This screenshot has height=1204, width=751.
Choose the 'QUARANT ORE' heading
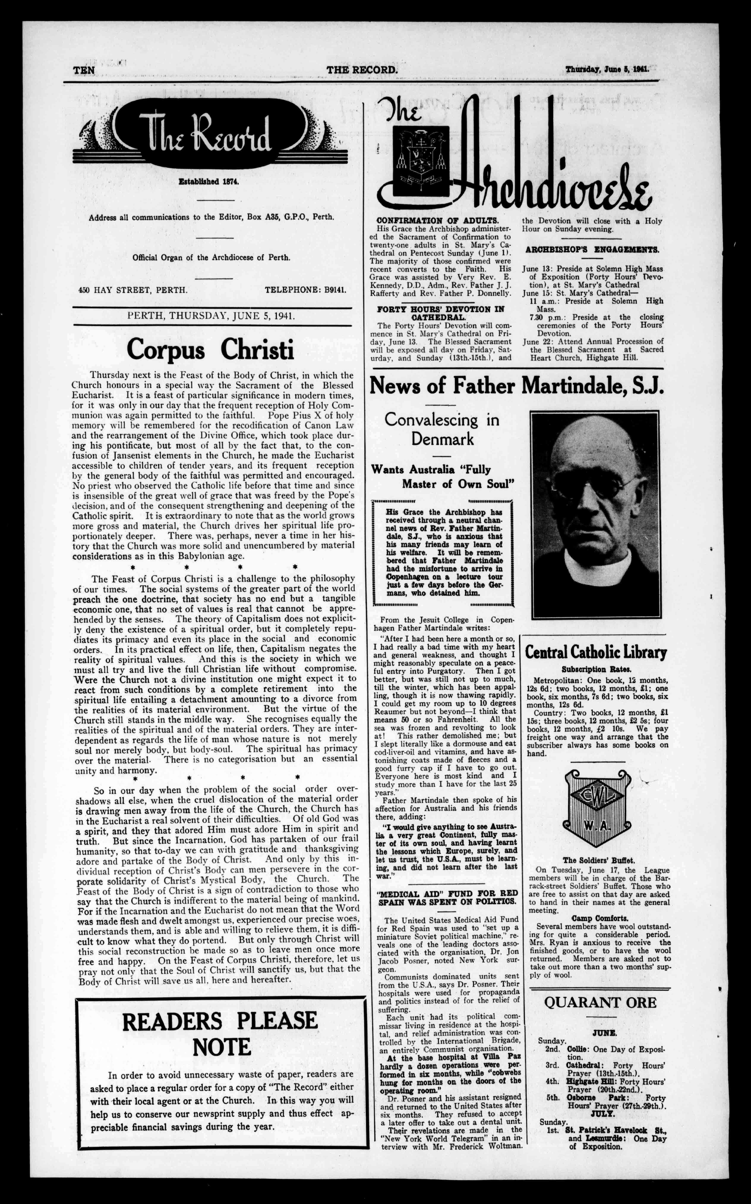[x=600, y=1002]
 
